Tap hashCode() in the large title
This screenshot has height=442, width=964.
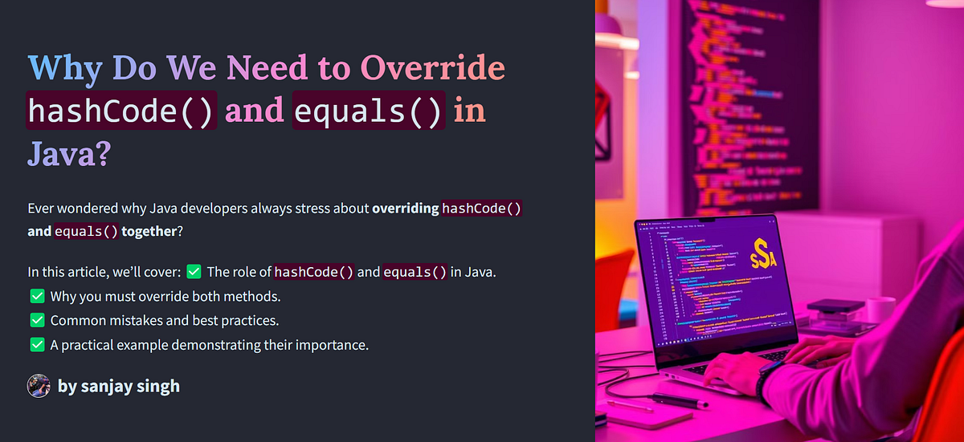click(121, 111)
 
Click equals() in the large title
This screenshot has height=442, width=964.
click(369, 111)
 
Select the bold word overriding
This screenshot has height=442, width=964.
click(406, 209)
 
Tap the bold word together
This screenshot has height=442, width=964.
click(150, 231)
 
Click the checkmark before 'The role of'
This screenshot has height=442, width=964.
click(194, 272)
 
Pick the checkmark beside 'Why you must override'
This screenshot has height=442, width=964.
click(36, 296)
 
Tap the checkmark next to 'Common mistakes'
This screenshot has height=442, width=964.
click(36, 321)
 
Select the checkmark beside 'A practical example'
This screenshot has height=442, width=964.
click(36, 345)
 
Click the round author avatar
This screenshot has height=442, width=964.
click(39, 386)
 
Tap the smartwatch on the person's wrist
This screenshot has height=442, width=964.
click(767, 377)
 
